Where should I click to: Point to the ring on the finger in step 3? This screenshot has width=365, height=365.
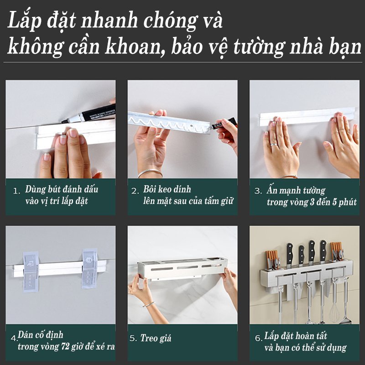[x=272, y=145]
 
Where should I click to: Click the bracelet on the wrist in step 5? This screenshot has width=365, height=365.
[x=148, y=303]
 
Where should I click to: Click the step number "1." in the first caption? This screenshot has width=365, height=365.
[x=16, y=191]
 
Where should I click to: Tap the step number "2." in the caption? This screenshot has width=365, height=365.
[x=135, y=191]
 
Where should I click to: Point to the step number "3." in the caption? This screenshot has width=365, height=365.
[x=258, y=191]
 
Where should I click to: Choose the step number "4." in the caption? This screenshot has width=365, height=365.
[x=15, y=338]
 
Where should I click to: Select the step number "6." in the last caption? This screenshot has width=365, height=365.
[x=258, y=338]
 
